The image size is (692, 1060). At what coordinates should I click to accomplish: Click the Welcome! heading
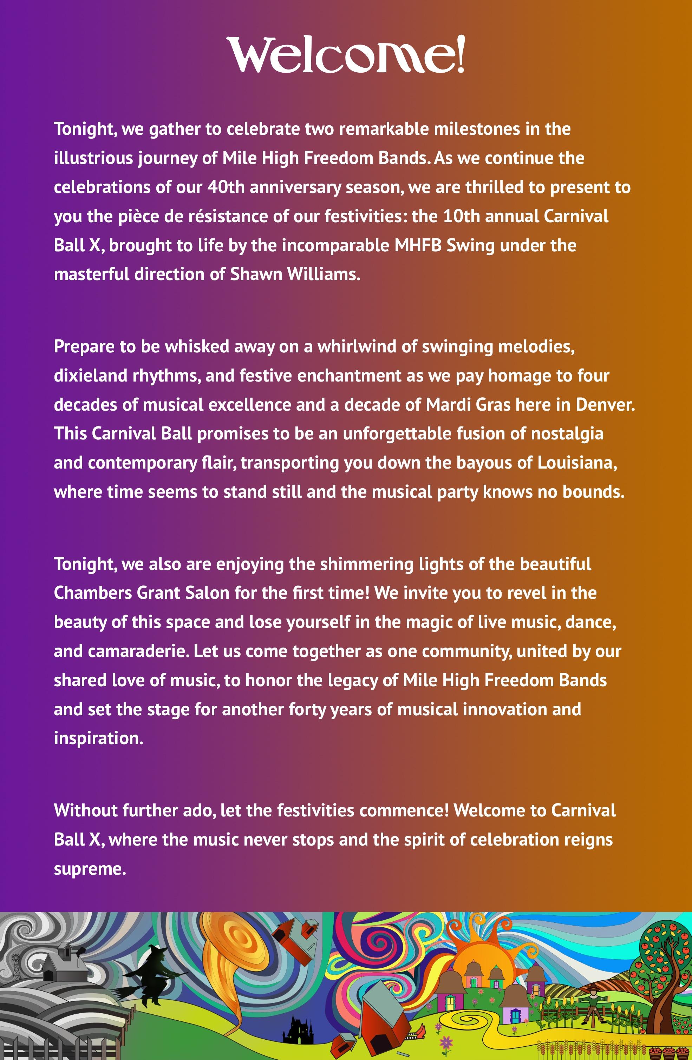pos(346,55)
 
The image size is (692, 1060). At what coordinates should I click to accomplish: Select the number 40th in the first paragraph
pos(226,187)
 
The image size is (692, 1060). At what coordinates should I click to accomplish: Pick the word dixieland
pos(91,376)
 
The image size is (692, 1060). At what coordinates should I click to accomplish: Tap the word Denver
pos(605,404)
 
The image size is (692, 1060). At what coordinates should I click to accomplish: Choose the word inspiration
pos(98,738)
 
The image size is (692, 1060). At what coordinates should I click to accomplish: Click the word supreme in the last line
pos(90,869)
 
